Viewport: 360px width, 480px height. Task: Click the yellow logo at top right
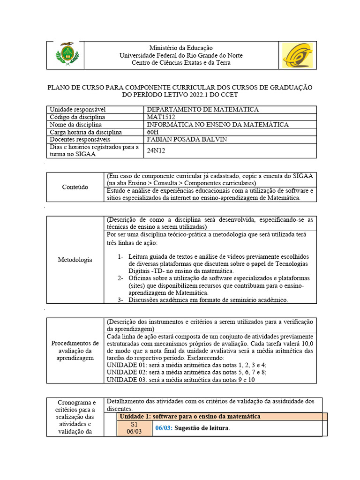297,55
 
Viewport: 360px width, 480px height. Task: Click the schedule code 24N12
157,150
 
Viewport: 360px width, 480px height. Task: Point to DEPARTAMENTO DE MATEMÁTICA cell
202,109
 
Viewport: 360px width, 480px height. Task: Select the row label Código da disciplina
77,117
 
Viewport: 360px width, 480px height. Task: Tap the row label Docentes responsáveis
80,139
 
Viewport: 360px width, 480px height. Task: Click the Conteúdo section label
75,187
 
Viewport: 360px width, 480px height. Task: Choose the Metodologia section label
75,260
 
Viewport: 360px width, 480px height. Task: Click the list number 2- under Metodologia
121,278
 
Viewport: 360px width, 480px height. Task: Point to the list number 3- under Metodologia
121,300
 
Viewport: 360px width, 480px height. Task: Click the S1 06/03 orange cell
134,428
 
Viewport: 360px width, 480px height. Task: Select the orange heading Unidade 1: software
190,416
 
